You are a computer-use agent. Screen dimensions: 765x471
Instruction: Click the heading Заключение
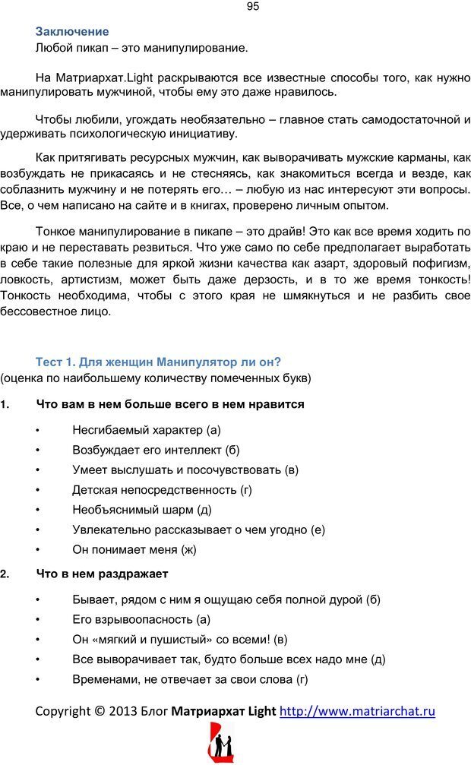coord(72,32)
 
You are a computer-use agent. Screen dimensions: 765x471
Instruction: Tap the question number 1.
coord(5,404)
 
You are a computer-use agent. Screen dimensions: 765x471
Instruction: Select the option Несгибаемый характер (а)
coord(147,430)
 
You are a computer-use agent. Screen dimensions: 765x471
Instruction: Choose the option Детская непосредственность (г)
coord(162,490)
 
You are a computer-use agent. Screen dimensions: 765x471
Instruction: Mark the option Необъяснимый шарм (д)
coord(141,510)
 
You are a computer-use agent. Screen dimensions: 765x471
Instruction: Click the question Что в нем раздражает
coord(102,574)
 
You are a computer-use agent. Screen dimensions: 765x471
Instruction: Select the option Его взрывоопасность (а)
coord(141,619)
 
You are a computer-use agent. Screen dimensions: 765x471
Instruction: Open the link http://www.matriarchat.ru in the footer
coord(357,712)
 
